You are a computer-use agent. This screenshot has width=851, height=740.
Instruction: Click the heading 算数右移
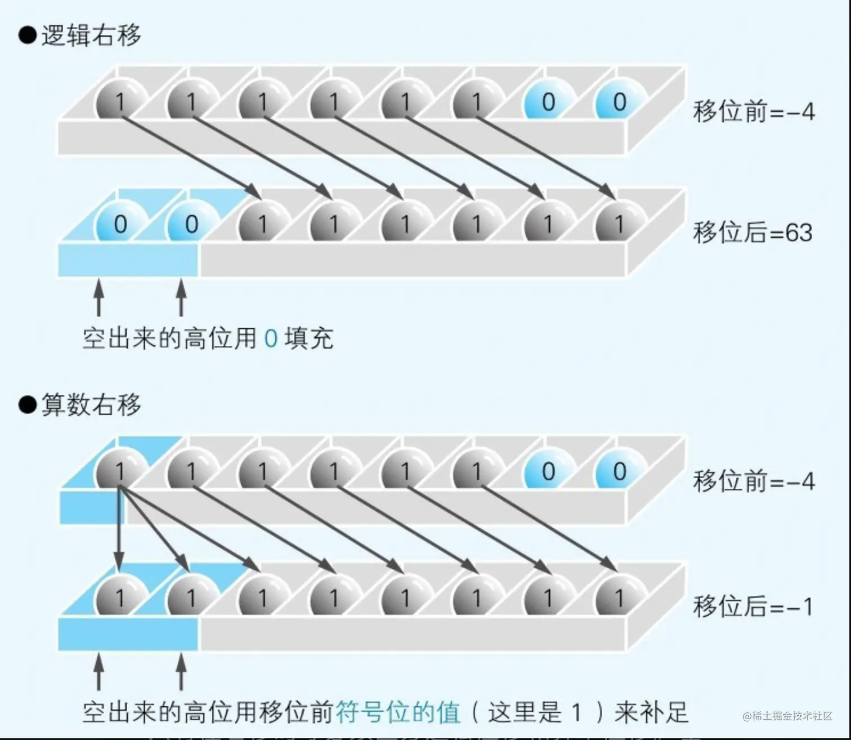point(91,405)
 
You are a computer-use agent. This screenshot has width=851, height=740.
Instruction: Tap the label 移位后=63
point(753,233)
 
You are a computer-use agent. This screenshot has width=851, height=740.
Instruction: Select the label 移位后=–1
point(753,607)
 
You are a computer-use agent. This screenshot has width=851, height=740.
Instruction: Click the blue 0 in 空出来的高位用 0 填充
point(271,338)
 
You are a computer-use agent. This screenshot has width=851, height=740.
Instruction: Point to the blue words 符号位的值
point(398,712)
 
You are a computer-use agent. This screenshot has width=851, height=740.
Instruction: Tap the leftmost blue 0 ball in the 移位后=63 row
point(120,224)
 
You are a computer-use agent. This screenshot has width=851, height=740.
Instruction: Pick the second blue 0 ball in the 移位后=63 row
point(191,224)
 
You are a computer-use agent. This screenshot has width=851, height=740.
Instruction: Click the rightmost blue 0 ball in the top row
point(619,102)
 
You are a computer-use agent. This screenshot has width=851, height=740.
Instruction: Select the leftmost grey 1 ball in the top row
point(120,102)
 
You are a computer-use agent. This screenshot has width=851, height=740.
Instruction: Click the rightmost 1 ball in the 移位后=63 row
point(619,224)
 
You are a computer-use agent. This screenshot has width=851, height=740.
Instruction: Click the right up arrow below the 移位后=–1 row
point(181,671)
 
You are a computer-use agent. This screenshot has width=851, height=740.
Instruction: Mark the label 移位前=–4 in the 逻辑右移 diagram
point(754,112)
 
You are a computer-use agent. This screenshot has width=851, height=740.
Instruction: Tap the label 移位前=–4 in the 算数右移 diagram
point(754,482)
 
